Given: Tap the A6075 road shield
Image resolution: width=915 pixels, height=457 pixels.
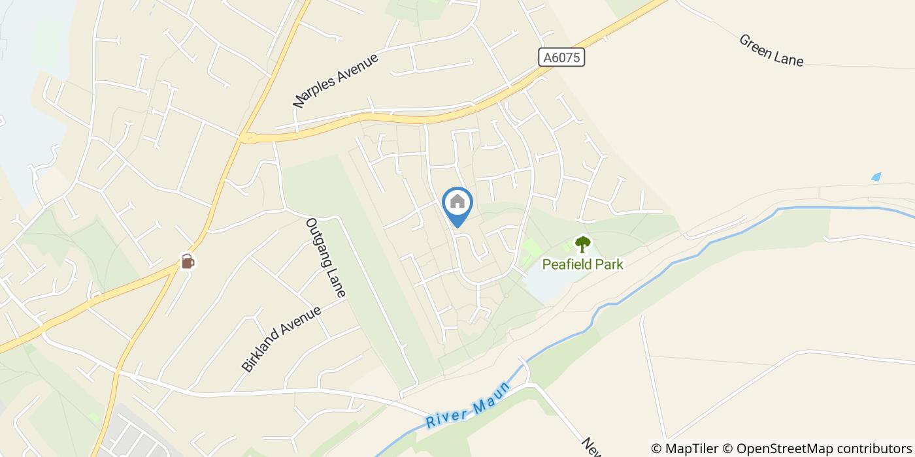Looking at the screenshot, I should pyautogui.click(x=561, y=57).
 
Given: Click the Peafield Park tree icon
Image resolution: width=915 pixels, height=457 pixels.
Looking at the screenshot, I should pyautogui.click(x=582, y=244).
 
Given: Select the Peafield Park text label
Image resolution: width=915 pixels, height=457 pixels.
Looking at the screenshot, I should pyautogui.click(x=582, y=264).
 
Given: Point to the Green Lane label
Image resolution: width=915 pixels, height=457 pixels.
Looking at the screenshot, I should pyautogui.click(x=771, y=50).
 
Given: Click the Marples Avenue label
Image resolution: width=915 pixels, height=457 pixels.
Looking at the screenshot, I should pyautogui.click(x=336, y=80).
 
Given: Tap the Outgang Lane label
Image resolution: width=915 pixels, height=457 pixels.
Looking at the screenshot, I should pyautogui.click(x=325, y=257).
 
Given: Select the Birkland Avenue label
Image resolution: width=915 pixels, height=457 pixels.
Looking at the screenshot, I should pyautogui.click(x=282, y=339).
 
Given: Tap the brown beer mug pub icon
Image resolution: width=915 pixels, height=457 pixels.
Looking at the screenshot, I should pyautogui.click(x=188, y=261).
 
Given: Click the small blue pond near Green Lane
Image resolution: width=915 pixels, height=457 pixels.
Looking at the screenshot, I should pyautogui.click(x=876, y=177).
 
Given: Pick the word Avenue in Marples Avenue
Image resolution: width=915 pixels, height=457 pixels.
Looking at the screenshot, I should pyautogui.click(x=358, y=69).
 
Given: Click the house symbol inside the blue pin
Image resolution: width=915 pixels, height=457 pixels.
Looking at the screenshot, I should pyautogui.click(x=457, y=202).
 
